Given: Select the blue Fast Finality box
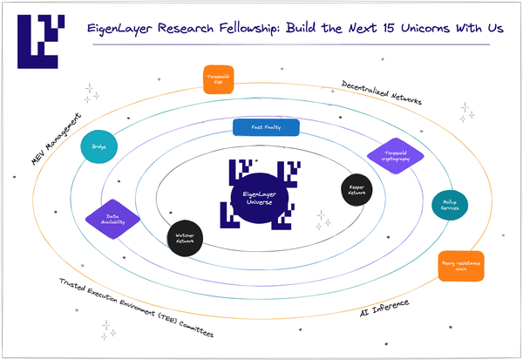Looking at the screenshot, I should point(267,128).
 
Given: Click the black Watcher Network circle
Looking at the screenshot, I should point(184,237).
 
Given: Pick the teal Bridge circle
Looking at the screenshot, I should point(99,147).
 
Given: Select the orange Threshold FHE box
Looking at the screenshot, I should point(218,79).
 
